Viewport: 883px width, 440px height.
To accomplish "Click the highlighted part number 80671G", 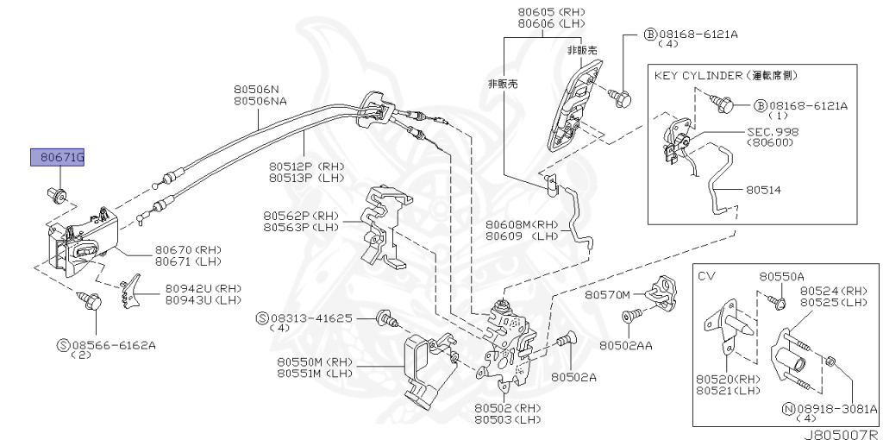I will [x=58, y=157].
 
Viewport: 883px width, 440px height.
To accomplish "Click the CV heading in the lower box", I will [x=706, y=276].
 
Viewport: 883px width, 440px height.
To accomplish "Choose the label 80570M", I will [x=609, y=294].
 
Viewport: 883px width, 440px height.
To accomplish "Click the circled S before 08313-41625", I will [x=262, y=318].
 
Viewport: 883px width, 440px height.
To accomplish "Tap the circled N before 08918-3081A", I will [x=786, y=408].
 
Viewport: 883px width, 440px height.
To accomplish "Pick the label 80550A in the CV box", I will [x=781, y=276].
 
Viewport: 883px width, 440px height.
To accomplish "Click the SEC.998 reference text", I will [x=773, y=132].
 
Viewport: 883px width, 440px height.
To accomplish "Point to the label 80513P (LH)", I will [x=305, y=177].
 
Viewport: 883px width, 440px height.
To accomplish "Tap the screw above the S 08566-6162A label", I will [x=94, y=302].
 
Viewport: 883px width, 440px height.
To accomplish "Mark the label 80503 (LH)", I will [x=506, y=418].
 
